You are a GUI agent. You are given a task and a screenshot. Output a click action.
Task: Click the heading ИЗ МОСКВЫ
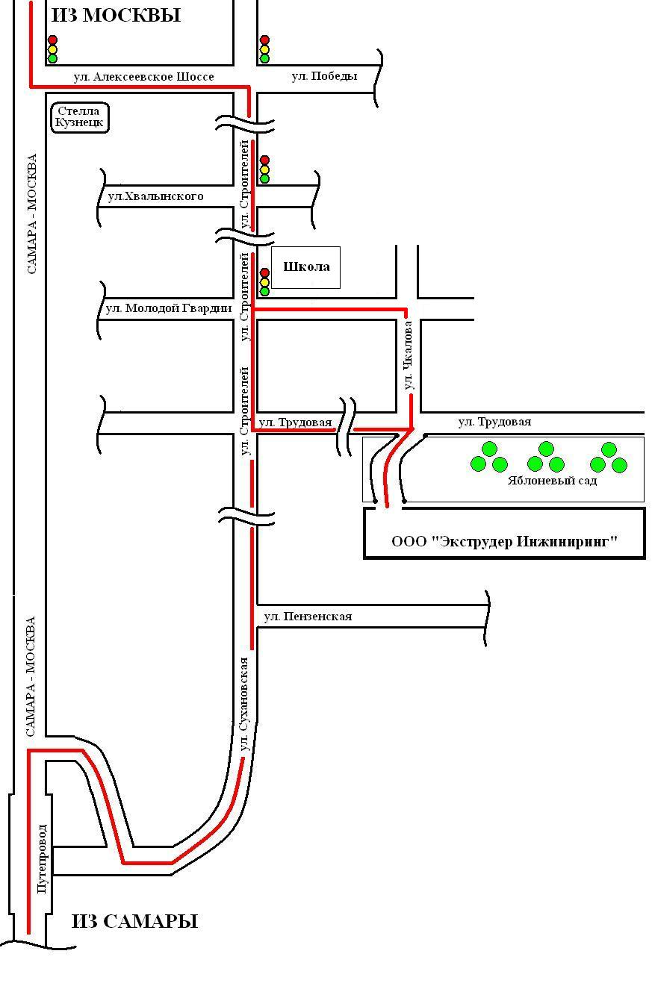click(116, 15)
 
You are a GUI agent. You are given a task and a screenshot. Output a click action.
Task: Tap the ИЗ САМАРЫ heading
click(134, 921)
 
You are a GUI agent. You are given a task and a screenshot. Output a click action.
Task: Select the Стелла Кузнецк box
click(80, 117)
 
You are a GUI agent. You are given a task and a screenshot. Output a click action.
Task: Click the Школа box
click(305, 267)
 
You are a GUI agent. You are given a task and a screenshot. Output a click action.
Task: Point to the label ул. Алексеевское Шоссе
click(143, 77)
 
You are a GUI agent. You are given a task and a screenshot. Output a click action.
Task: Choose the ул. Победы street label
click(324, 76)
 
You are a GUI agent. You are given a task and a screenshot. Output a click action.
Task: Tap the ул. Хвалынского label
click(155, 196)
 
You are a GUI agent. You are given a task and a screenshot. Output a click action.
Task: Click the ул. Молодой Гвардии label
click(168, 308)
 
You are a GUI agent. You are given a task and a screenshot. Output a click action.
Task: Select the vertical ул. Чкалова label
click(409, 355)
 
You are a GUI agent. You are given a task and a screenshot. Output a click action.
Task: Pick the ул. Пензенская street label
click(308, 617)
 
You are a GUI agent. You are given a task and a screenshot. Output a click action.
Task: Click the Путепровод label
click(42, 858)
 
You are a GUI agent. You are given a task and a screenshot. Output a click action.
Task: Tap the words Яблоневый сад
click(552, 481)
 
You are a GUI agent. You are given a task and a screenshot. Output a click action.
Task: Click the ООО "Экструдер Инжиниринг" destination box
click(504, 541)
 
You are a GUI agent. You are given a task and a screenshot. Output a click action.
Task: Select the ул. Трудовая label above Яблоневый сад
click(494, 422)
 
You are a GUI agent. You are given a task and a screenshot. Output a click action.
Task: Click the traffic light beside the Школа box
click(264, 282)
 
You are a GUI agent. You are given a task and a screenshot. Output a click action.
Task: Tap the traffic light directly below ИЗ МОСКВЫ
click(52, 49)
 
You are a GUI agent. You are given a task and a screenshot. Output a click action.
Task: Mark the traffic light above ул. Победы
click(264, 49)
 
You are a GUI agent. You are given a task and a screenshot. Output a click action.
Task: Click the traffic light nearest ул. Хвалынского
click(264, 169)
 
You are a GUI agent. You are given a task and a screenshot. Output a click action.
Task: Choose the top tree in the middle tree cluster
click(546, 449)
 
